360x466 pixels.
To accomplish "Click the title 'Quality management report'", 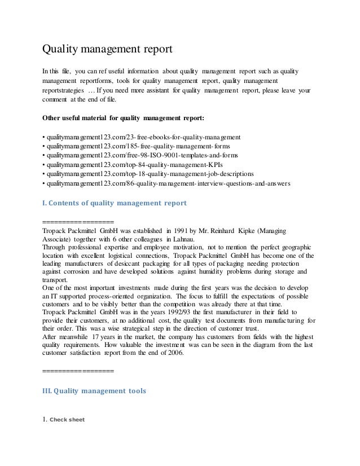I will click(x=107, y=49).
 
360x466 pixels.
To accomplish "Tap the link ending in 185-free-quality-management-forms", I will click(x=135, y=146).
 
